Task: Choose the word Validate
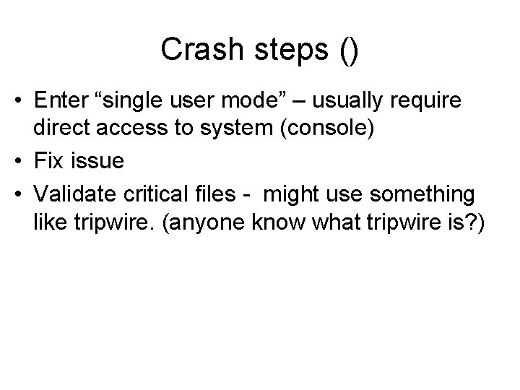tap(76, 193)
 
